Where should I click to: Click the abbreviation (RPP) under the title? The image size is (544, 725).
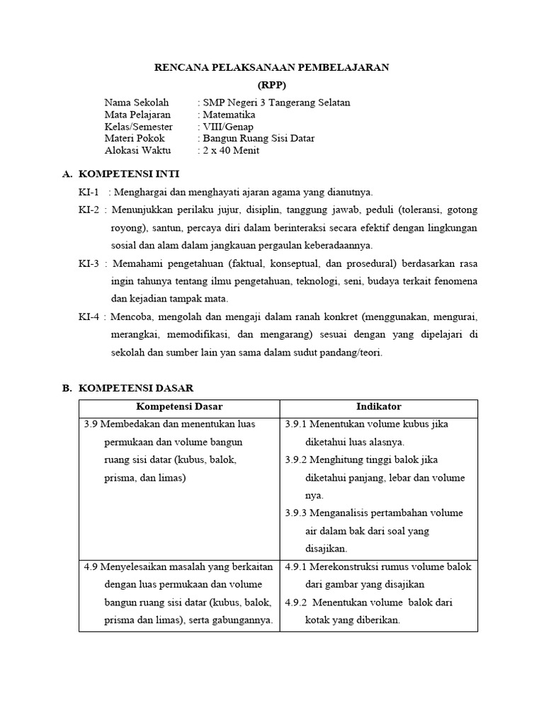tap(272, 85)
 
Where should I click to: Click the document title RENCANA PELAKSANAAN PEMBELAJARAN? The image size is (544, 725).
tap(272, 67)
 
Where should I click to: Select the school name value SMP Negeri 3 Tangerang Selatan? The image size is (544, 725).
tap(276, 103)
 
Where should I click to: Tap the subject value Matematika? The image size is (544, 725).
tap(228, 115)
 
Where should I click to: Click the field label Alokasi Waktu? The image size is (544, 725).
tap(135, 150)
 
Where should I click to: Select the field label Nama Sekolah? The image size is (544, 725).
tap(137, 103)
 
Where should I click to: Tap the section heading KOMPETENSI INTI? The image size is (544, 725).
tap(129, 173)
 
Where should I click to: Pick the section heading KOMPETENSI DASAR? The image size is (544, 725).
tap(135, 388)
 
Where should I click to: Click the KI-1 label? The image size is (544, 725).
tap(89, 192)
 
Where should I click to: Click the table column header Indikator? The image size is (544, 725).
tap(378, 406)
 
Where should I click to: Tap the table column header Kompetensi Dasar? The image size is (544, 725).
tap(179, 406)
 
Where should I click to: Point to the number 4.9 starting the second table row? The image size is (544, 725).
tap(91, 566)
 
